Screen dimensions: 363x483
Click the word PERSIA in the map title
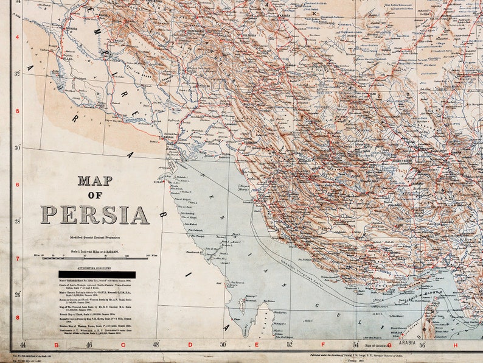click(x=94, y=215)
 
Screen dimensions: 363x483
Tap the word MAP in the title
click(x=94, y=180)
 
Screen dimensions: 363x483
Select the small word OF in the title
click(x=94, y=195)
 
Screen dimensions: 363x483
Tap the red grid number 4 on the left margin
click(x=17, y=37)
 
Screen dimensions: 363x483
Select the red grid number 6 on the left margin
click(x=17, y=185)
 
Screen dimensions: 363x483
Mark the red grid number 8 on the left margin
click(x=17, y=317)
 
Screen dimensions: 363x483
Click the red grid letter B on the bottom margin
click(x=55, y=345)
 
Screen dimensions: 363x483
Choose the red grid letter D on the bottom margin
click(x=190, y=345)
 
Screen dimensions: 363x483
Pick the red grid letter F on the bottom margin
click(x=323, y=345)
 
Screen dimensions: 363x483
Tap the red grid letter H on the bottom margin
click(x=455, y=345)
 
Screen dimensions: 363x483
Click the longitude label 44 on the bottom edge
click(x=23, y=345)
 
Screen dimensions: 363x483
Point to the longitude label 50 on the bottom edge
click(x=223, y=345)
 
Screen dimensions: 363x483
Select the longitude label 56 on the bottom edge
click(x=422, y=344)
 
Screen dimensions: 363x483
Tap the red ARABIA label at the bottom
click(x=407, y=343)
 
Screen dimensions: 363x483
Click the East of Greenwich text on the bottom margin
click(x=377, y=345)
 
